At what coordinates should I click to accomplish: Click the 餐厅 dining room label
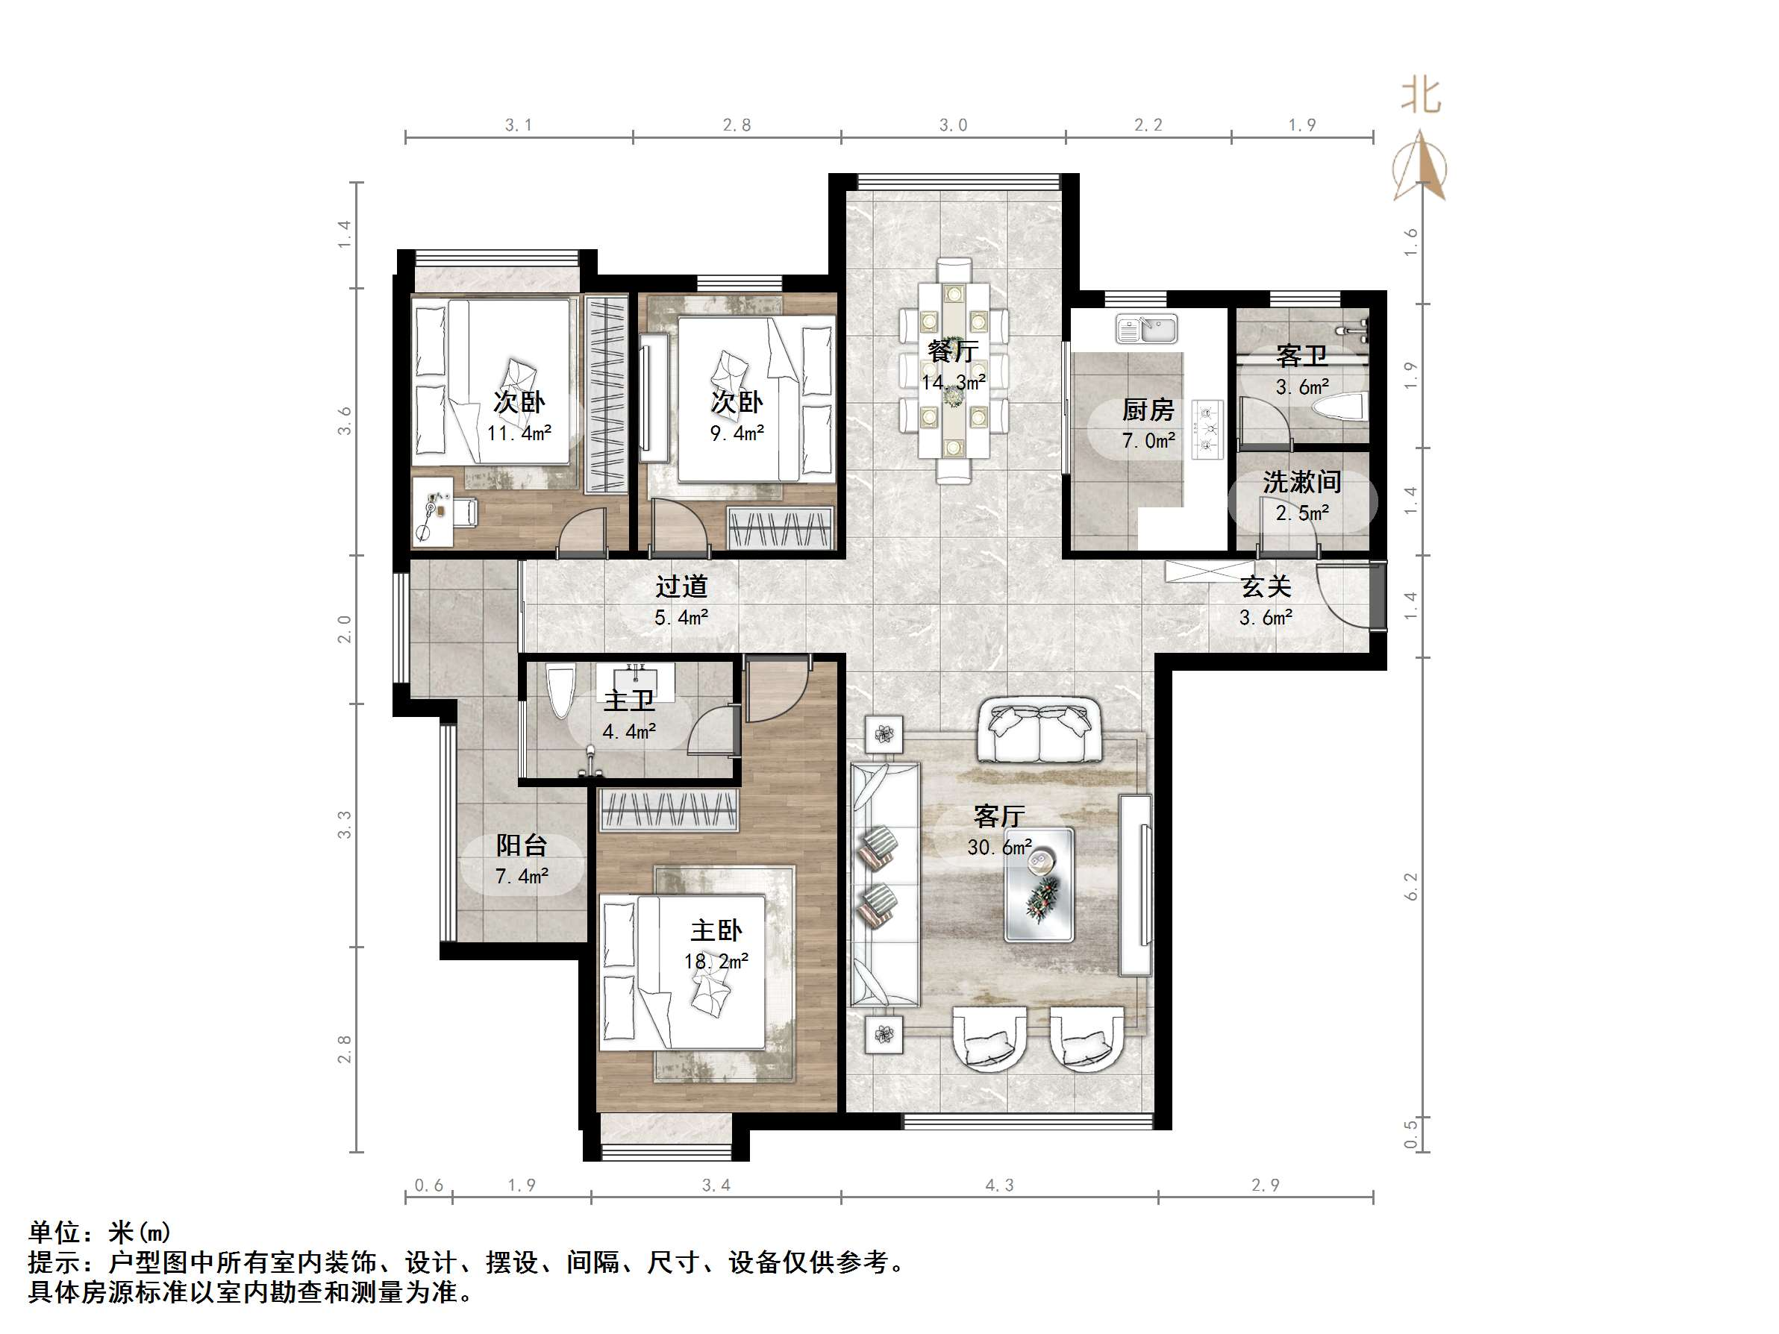pos(952,351)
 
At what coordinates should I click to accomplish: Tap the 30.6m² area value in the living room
pos(999,848)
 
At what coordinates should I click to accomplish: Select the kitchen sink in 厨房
pos(1147,329)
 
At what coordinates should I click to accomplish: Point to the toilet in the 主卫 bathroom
pos(560,690)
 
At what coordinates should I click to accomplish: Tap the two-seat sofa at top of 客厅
pos(1038,732)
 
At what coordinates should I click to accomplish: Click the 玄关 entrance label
pos(1266,587)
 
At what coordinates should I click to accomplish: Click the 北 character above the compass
pos(1420,95)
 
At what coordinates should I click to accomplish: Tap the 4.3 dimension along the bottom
pos(999,1186)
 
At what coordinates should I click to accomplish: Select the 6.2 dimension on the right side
pos(1411,886)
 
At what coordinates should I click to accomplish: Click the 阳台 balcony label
pos(521,845)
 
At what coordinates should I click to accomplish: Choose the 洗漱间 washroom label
pos(1301,482)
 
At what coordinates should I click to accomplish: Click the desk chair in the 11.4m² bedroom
pos(465,513)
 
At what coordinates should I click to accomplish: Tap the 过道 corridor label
pos(681,587)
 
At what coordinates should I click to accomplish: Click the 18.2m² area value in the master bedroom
pos(716,962)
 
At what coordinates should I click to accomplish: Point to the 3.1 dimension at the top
pos(518,125)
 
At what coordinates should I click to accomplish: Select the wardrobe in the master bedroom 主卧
pos(669,809)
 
